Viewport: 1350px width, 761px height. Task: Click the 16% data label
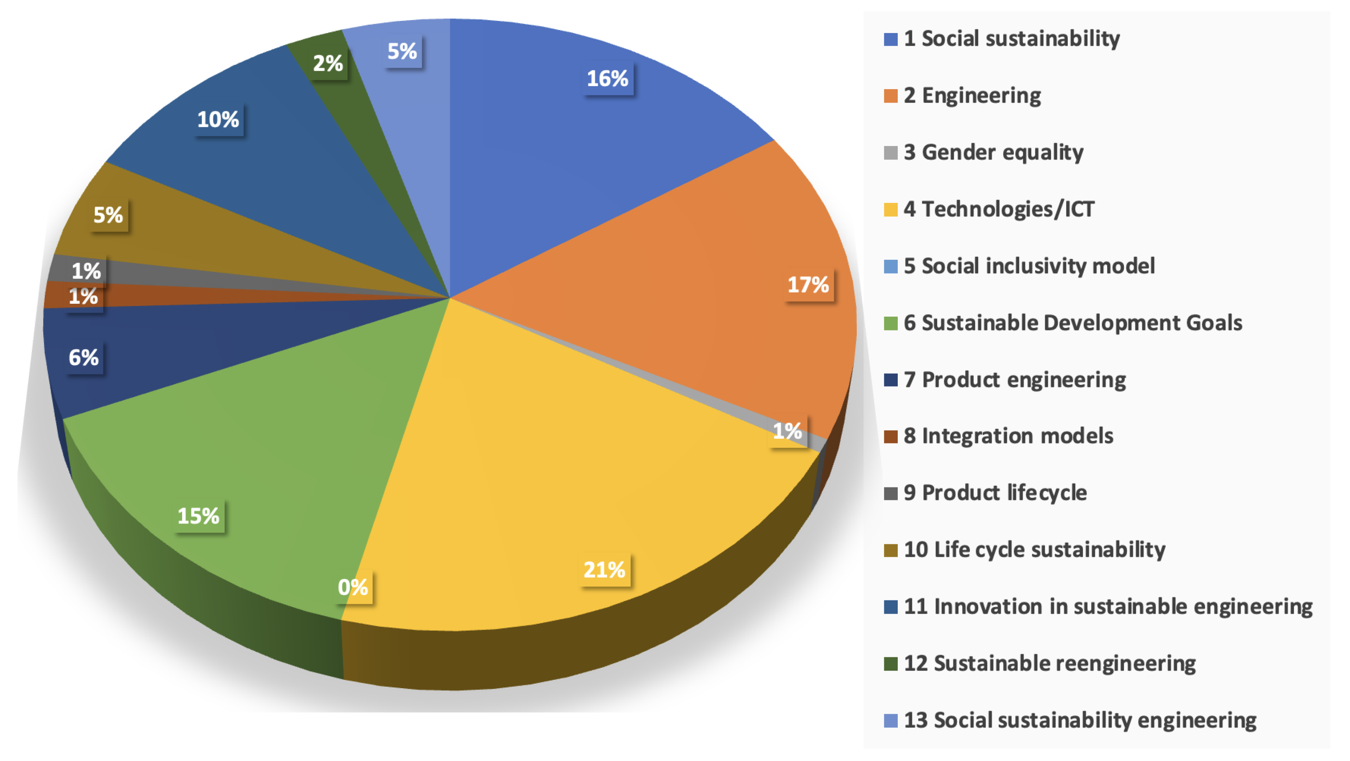608,79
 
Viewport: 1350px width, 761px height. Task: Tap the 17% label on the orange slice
808,285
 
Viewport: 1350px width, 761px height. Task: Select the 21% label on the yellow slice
604,570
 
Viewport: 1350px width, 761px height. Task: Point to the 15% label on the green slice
198,516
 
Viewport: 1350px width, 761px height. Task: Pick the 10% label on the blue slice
218,120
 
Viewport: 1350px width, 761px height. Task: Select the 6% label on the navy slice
84,358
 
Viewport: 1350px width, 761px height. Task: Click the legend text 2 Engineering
972,96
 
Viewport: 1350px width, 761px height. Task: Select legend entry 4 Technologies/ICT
998,210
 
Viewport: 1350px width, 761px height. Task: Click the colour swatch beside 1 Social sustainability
890,39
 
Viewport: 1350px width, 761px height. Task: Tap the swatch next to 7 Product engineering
890,380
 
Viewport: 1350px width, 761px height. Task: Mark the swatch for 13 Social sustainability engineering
890,721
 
